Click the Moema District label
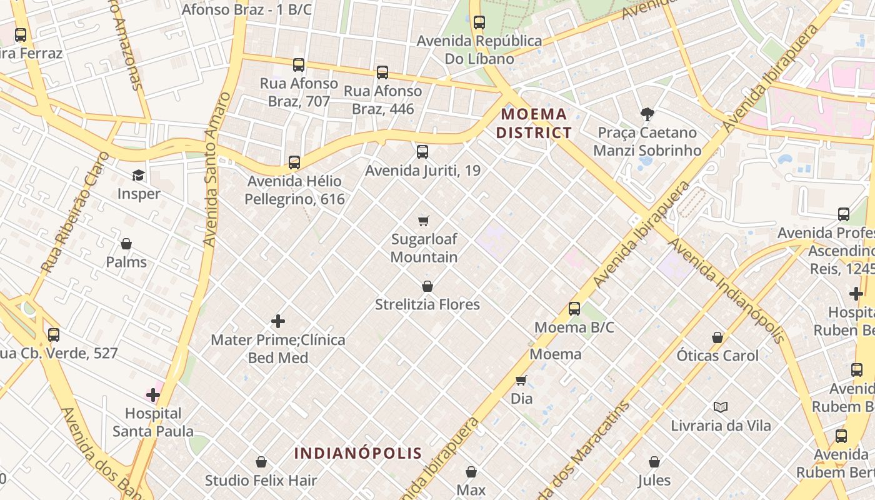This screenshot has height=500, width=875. click(534, 123)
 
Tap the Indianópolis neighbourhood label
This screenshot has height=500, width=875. click(358, 453)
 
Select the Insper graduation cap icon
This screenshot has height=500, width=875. click(138, 176)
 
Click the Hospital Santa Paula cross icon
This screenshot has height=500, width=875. click(153, 394)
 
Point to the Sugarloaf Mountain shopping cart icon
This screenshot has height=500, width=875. click(424, 221)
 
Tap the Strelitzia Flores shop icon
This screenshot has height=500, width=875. click(427, 286)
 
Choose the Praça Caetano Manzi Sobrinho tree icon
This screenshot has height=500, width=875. click(647, 114)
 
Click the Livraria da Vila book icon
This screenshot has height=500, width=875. click(721, 407)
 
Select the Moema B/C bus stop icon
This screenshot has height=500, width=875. click(574, 309)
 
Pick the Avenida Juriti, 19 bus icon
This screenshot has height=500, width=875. click(422, 151)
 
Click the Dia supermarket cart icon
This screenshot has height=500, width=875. click(521, 380)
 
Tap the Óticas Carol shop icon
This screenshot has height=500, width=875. click(717, 337)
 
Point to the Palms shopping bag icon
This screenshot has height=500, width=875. click(126, 244)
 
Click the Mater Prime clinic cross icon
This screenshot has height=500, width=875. click(278, 321)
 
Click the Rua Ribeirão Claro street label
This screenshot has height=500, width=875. click(74, 212)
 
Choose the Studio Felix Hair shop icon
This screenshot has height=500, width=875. click(261, 462)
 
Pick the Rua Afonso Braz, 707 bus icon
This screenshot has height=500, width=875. click(299, 64)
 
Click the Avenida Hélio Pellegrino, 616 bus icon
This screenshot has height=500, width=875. click(294, 162)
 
